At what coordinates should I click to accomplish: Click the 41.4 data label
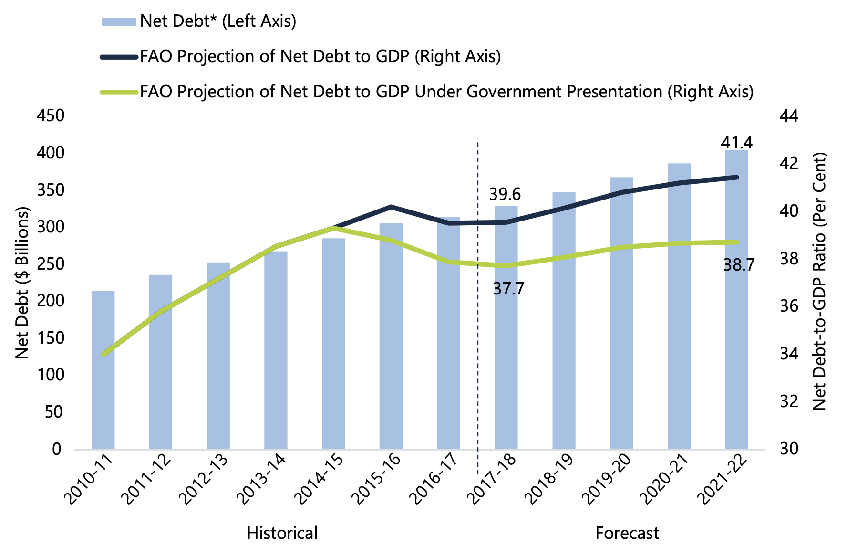pos(736,143)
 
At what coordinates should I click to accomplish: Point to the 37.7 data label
pos(508,289)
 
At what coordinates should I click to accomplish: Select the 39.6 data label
pos(505,194)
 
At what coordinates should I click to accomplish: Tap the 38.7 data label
pos(739,265)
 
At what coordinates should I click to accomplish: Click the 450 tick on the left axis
pos(51,115)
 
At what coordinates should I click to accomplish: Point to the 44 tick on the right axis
pos(789,115)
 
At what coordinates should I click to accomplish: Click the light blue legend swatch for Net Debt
pos(119,21)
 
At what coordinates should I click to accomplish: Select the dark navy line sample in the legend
pos(119,57)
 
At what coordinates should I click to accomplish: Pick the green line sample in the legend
pos(119,92)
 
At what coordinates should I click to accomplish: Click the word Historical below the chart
pos(282,533)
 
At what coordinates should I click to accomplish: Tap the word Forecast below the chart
pos(627,533)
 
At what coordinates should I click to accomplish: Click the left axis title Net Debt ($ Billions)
pos(22,283)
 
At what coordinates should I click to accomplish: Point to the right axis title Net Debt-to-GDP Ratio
pos(819,282)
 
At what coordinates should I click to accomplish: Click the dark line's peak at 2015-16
pos(391,207)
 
